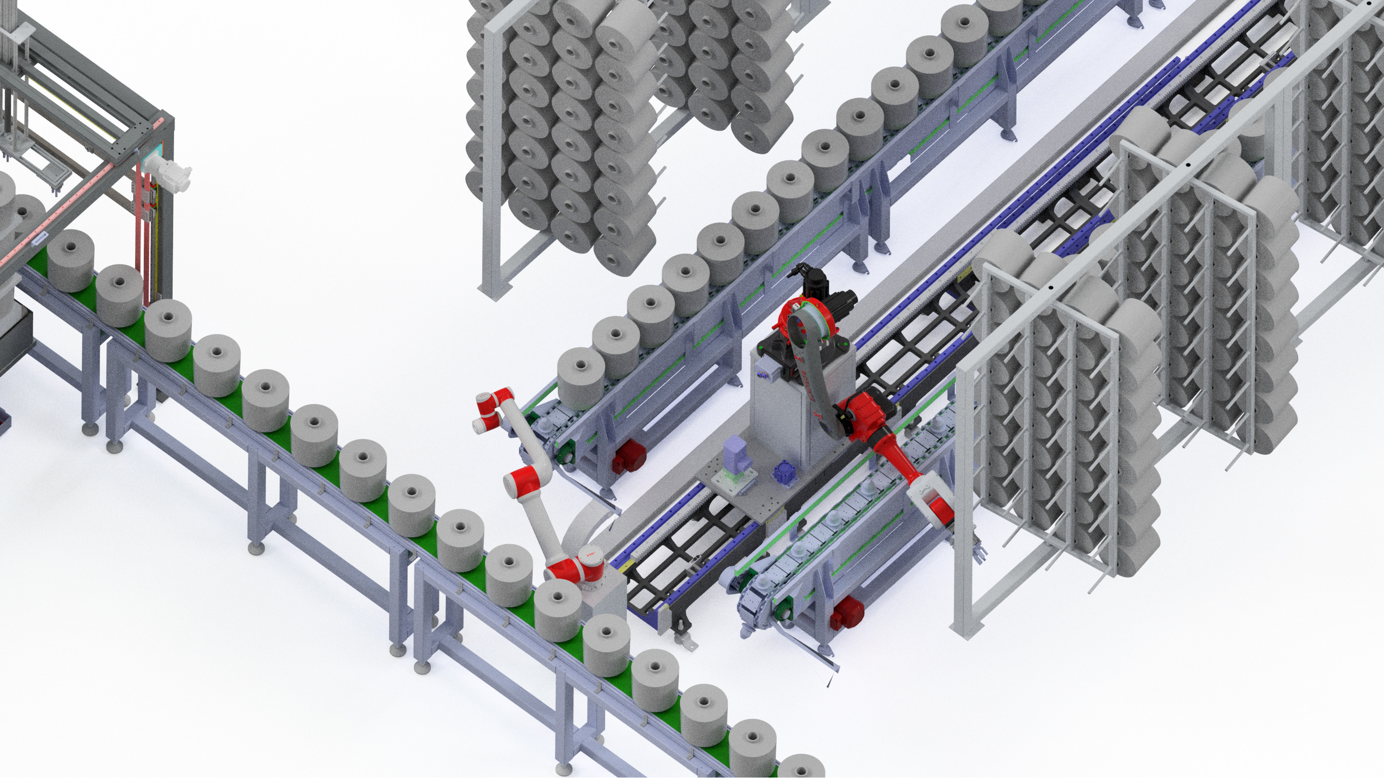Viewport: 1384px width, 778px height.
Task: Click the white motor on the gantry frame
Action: tap(168, 172)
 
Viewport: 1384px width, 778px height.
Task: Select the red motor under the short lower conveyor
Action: tap(846, 612)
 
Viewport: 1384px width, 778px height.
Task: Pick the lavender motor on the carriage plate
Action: tap(734, 454)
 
